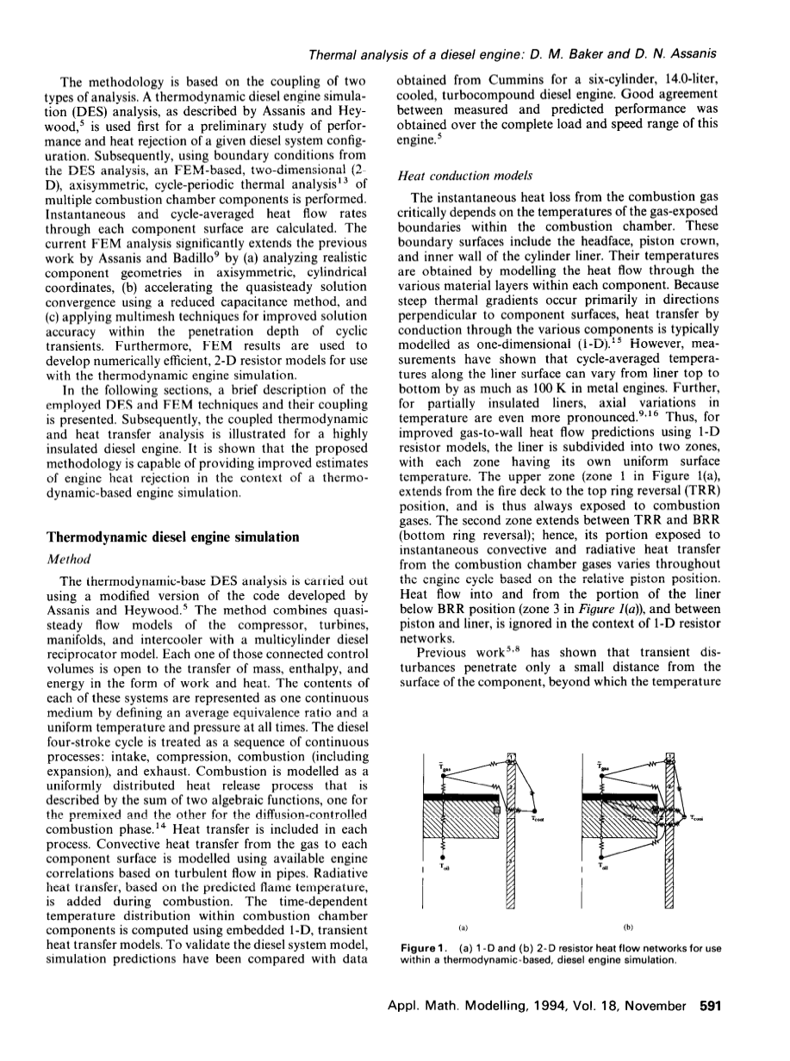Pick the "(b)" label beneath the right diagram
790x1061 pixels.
point(628,927)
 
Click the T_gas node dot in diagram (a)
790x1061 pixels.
point(443,777)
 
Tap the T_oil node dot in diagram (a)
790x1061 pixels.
point(443,857)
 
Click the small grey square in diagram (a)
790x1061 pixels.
point(498,810)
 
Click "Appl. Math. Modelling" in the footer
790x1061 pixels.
point(451,1030)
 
